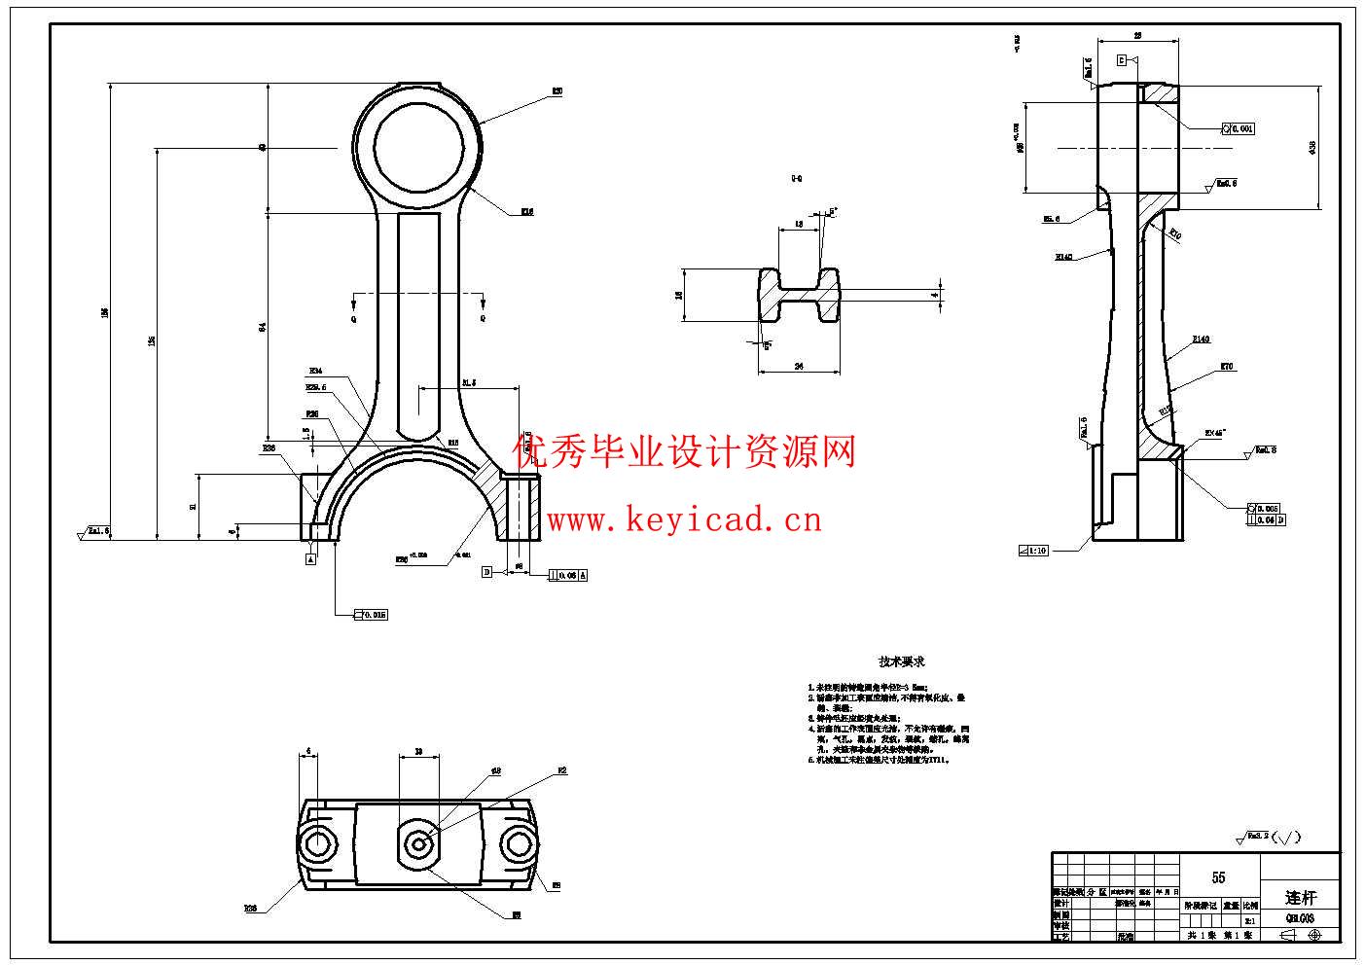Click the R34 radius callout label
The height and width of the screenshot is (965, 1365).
(x=315, y=371)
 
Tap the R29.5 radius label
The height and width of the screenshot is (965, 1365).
(x=316, y=386)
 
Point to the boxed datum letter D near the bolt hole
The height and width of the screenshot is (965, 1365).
(x=487, y=573)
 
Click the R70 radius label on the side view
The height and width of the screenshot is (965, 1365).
(x=1227, y=368)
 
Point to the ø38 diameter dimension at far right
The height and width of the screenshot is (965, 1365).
(x=1312, y=147)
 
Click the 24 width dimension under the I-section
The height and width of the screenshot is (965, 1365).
(x=799, y=366)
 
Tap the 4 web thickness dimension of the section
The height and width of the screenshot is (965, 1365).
(x=934, y=294)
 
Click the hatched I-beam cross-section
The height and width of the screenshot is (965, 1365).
(x=799, y=296)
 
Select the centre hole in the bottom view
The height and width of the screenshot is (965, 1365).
(x=418, y=843)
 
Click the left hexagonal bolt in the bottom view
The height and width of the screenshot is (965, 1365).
(x=318, y=844)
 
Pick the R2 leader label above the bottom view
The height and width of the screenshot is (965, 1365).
(x=561, y=771)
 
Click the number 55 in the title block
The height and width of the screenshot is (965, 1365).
(x=1218, y=876)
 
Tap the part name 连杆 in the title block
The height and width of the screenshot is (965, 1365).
(x=1300, y=897)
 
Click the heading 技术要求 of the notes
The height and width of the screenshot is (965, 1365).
(x=902, y=661)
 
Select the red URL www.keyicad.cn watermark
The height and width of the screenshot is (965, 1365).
(x=684, y=520)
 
